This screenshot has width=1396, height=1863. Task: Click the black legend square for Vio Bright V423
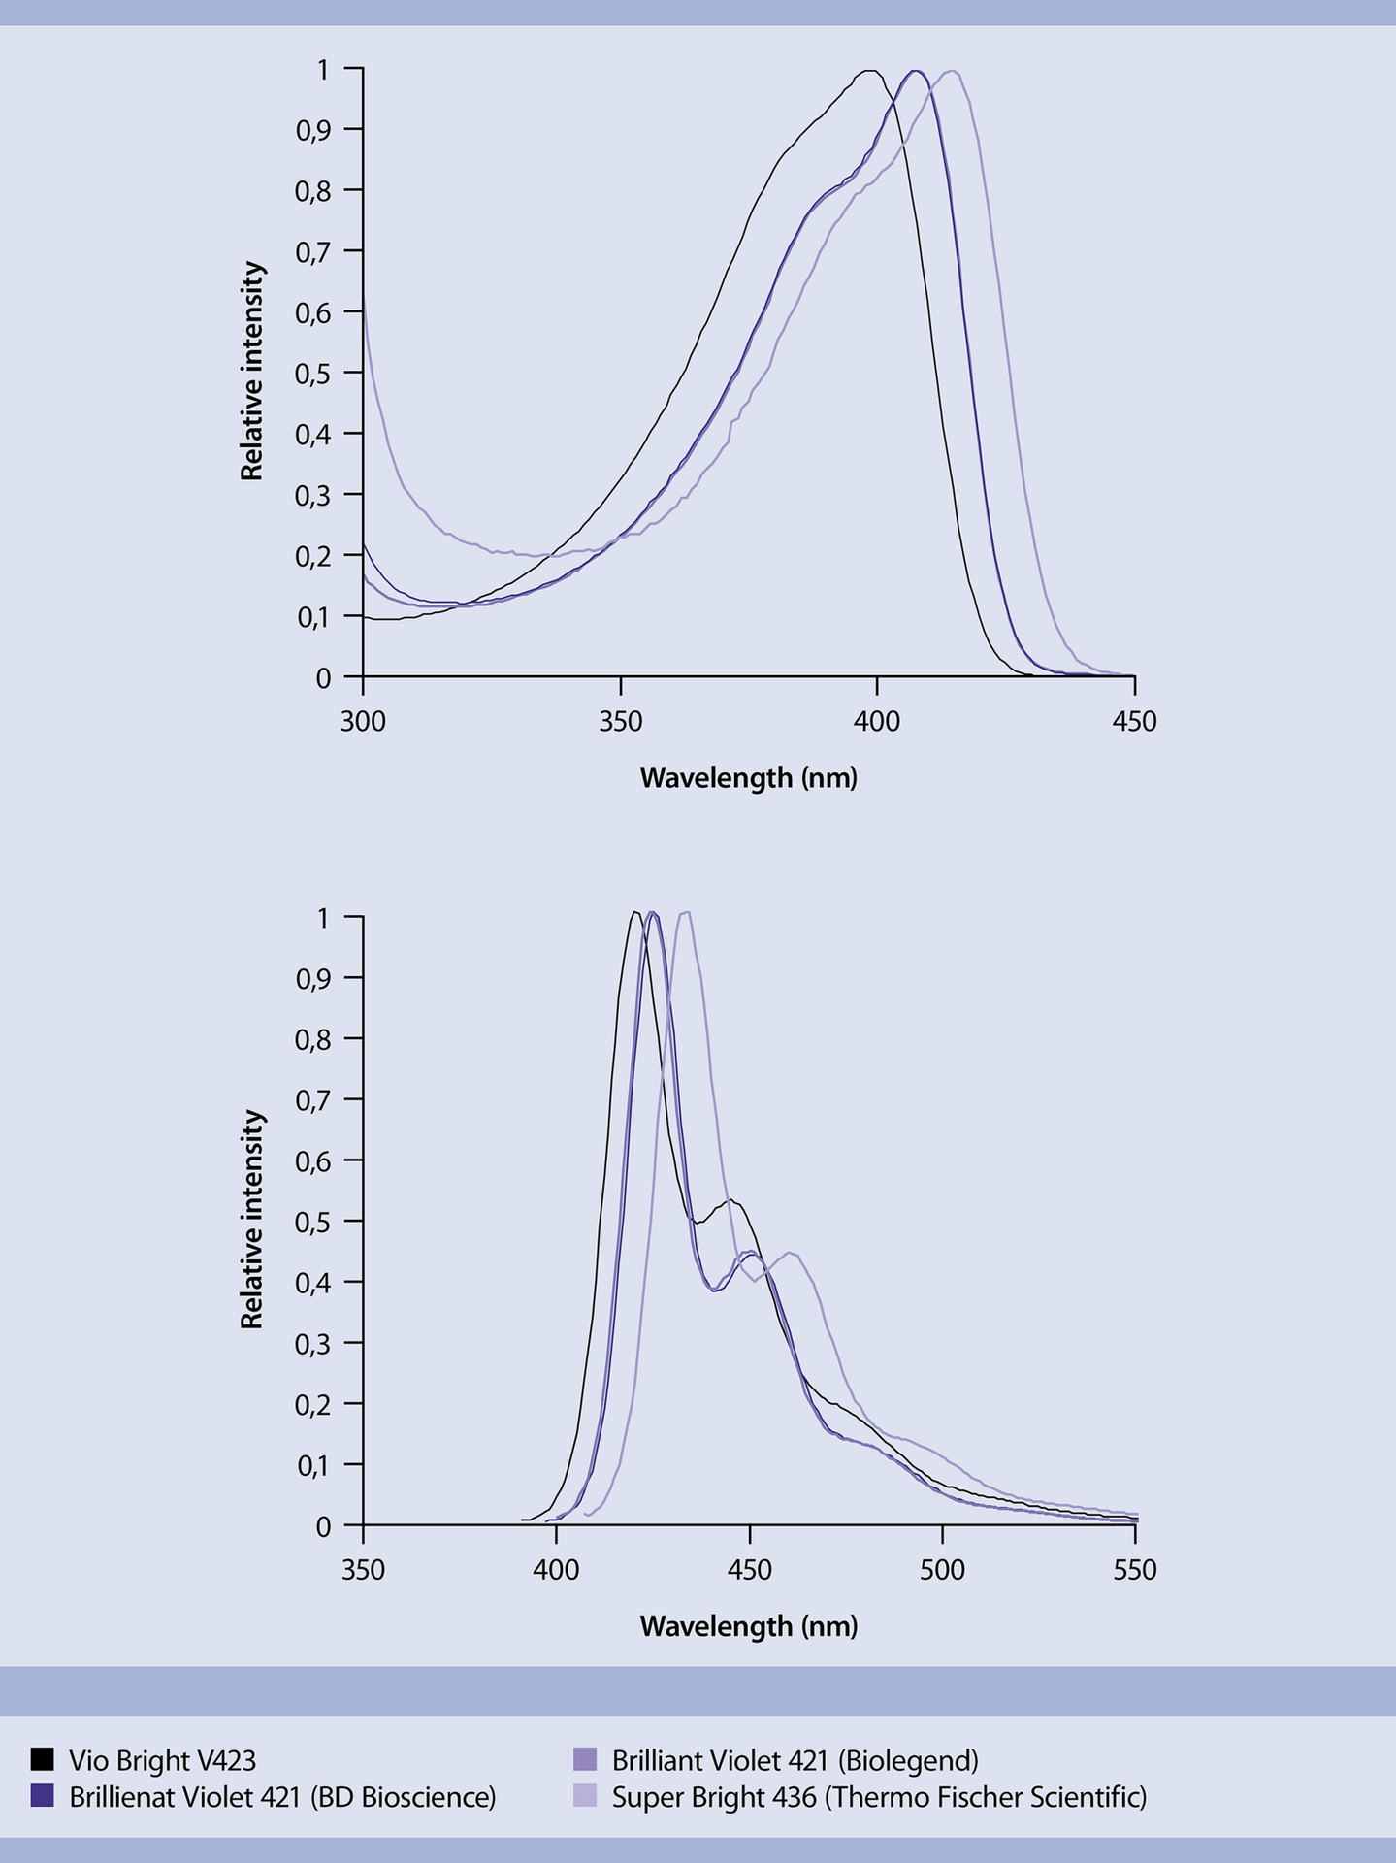(42, 1759)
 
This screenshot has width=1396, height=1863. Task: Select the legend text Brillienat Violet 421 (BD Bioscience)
(282, 1797)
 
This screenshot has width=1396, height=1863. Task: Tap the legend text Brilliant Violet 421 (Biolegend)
(795, 1759)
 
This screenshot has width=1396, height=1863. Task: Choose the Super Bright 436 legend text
(879, 1797)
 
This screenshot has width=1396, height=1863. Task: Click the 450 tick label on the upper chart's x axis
(1134, 722)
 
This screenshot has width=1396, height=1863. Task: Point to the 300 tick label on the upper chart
(363, 722)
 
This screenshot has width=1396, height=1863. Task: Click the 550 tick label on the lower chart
(1134, 1570)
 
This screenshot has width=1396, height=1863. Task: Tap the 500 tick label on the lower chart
(942, 1570)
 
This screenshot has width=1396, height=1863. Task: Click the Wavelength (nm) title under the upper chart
(748, 778)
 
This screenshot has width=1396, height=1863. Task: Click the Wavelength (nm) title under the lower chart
(748, 1626)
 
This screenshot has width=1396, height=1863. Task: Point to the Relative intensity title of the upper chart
(252, 371)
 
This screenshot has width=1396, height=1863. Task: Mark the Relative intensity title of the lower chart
(252, 1220)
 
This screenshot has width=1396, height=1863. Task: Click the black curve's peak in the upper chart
(869, 71)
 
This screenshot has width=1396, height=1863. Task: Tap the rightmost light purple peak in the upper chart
(954, 72)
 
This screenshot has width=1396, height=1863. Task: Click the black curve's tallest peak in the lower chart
(633, 912)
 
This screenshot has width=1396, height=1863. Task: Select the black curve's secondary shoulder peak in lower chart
(730, 1201)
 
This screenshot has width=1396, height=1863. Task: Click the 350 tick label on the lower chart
(363, 1570)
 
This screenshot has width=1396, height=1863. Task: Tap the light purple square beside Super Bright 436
(585, 1796)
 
